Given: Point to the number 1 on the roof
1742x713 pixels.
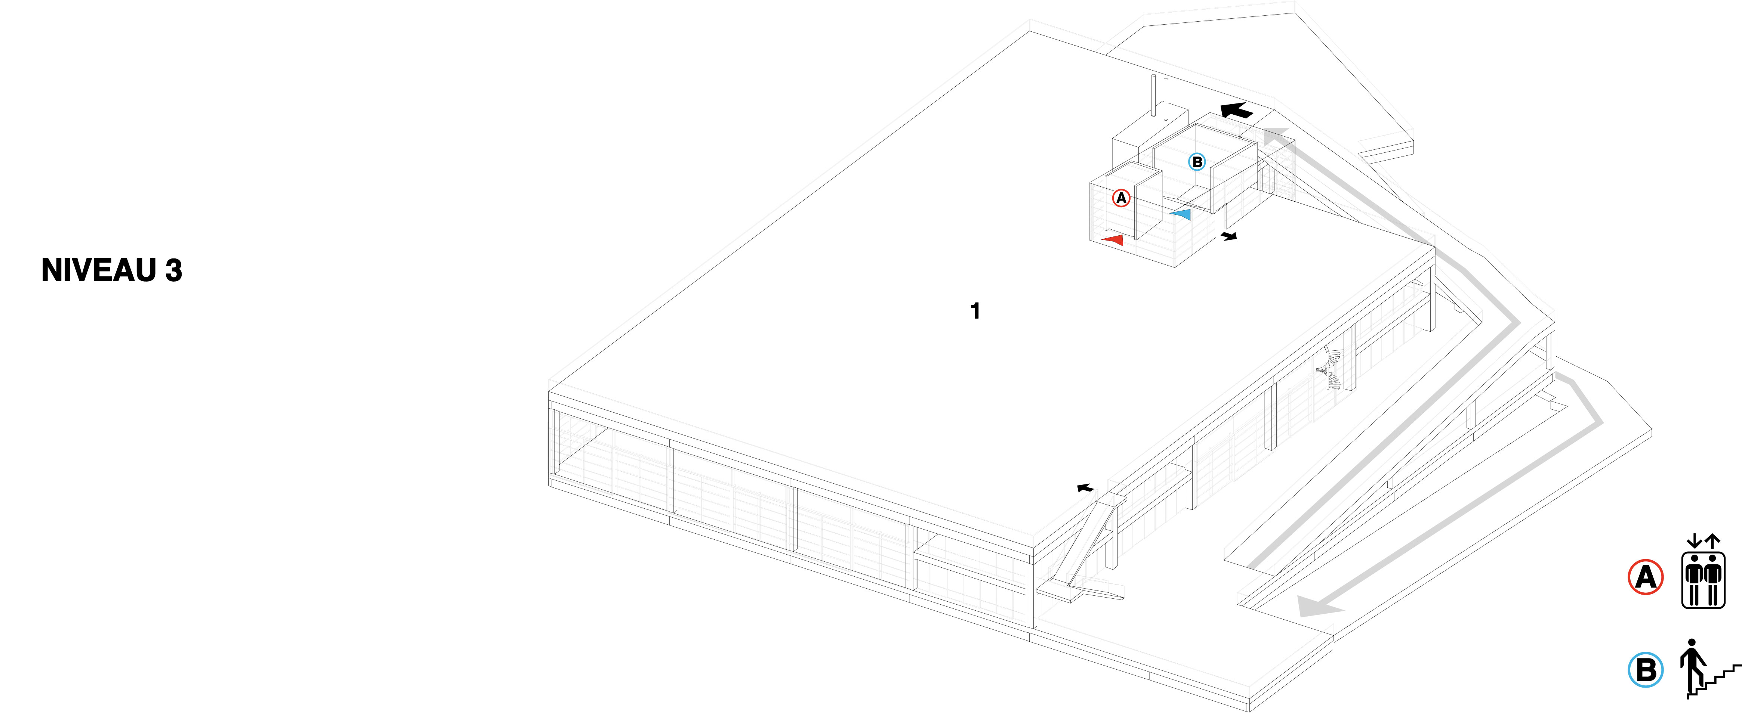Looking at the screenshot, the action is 975,311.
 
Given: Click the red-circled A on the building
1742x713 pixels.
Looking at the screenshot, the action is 1121,198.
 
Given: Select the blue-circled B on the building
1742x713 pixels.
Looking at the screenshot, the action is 1197,161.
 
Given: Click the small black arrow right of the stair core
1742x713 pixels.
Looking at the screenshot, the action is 1229,236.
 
